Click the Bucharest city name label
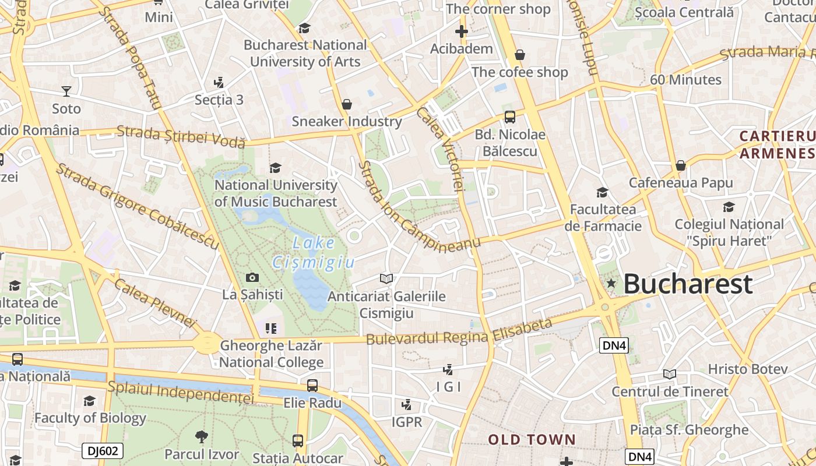pyautogui.click(x=688, y=284)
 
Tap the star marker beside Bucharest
pyautogui.click(x=611, y=284)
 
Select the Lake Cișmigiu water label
pyautogui.click(x=314, y=253)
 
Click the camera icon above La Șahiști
pyautogui.click(x=252, y=277)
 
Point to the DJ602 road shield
pyautogui.click(x=103, y=450)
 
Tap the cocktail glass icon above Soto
pyautogui.click(x=66, y=91)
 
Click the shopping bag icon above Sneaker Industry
pyautogui.click(x=347, y=104)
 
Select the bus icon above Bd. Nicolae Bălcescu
pyautogui.click(x=510, y=117)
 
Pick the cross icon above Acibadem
pyautogui.click(x=462, y=31)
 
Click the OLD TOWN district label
pyautogui.click(x=532, y=440)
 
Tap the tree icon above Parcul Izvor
pyautogui.click(x=202, y=436)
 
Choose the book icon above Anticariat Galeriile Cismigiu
pyautogui.click(x=386, y=279)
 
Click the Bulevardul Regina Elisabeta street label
pyautogui.click(x=459, y=332)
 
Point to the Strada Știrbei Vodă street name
pyautogui.click(x=181, y=136)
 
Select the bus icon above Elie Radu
pyautogui.click(x=312, y=385)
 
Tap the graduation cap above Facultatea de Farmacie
pyautogui.click(x=602, y=192)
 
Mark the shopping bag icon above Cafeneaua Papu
pyautogui.click(x=680, y=166)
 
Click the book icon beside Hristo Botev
pyautogui.click(x=670, y=374)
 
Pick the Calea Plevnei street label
pyautogui.click(x=155, y=302)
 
